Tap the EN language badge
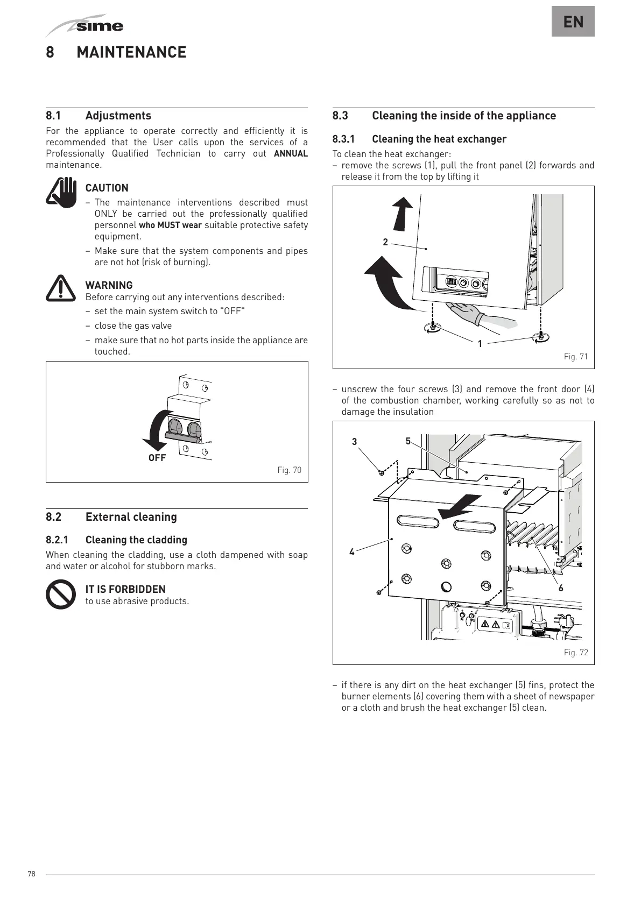(x=573, y=22)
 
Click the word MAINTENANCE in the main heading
(x=131, y=52)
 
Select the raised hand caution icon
(x=61, y=193)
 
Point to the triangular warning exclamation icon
(x=61, y=288)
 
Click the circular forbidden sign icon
(x=61, y=594)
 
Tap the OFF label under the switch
(x=157, y=458)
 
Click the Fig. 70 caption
(x=289, y=470)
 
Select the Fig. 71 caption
(x=575, y=357)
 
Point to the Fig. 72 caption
(x=575, y=653)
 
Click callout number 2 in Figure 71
(x=385, y=242)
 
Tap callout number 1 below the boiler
(x=480, y=343)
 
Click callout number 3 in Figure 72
(x=354, y=442)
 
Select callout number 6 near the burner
(x=561, y=588)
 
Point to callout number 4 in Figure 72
(x=352, y=552)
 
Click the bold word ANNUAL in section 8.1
(x=291, y=154)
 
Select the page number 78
(x=31, y=874)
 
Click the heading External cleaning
(x=131, y=517)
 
